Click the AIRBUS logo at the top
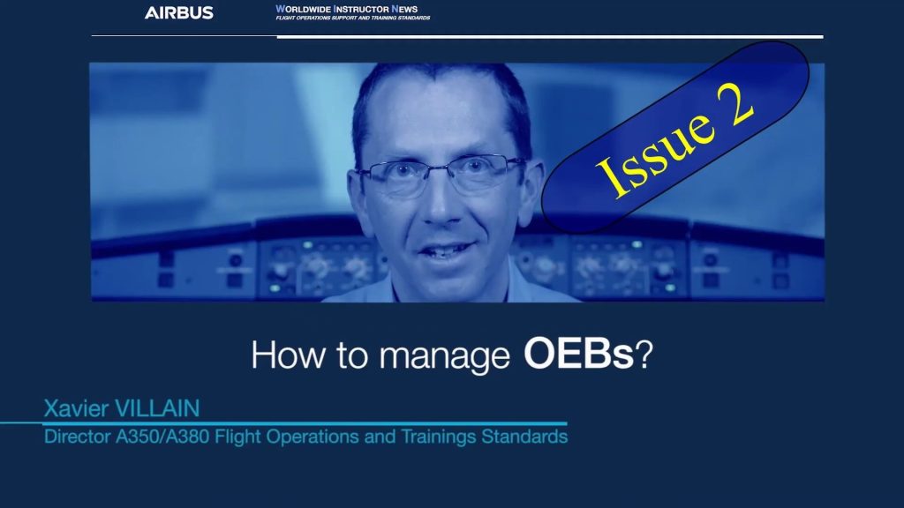[x=178, y=12]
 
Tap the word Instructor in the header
[x=361, y=9]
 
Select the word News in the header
[x=404, y=9]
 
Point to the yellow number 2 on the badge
[x=734, y=101]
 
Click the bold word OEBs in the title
[x=578, y=354]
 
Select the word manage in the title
[x=445, y=357]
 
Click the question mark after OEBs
[x=644, y=354]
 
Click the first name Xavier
[x=76, y=408]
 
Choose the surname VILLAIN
[x=157, y=408]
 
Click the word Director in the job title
[x=78, y=437]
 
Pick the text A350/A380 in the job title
[x=162, y=437]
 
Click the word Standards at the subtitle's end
[x=524, y=437]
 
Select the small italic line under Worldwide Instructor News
[x=353, y=18]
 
